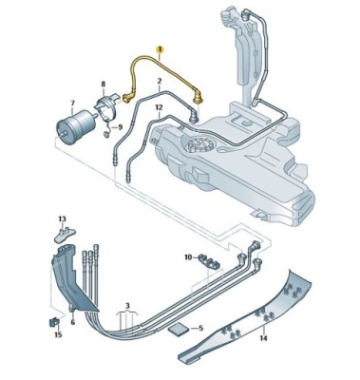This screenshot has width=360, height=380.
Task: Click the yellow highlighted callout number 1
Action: click(160, 49)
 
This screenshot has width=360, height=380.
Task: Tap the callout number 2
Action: click(159, 81)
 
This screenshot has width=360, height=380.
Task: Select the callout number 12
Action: click(159, 107)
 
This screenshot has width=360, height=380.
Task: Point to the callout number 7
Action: click(72, 103)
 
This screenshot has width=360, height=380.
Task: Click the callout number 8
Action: click(104, 85)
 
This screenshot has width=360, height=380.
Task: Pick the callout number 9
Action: click(120, 127)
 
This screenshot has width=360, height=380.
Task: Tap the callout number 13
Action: click(62, 218)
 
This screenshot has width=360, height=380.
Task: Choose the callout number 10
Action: click(188, 257)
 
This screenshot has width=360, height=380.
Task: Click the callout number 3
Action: click(127, 306)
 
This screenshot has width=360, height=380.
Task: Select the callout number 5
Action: click(200, 328)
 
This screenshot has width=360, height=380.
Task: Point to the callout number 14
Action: click(263, 338)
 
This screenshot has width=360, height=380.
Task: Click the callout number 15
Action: click(58, 334)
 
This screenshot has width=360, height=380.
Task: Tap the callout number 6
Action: click(73, 322)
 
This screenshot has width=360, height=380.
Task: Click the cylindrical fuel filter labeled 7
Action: click(76, 125)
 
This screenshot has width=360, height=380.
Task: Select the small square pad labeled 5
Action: click(180, 329)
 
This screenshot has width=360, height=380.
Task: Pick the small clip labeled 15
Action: click(54, 322)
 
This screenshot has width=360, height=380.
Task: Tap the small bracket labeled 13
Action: click(66, 234)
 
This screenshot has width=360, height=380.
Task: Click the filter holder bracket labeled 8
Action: click(106, 106)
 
